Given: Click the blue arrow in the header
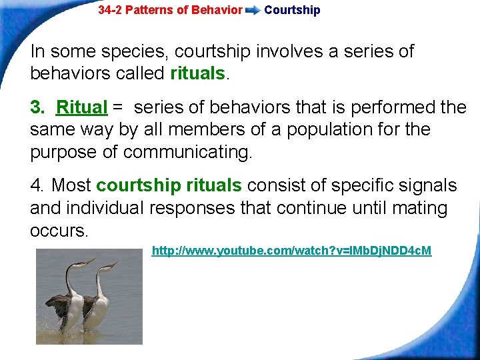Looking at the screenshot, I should [x=253, y=11].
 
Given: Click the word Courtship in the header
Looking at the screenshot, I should [x=292, y=10].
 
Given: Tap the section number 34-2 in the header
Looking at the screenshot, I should [x=111, y=10].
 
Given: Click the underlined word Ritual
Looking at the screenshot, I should [x=82, y=107].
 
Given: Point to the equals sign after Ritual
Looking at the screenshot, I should [x=118, y=107].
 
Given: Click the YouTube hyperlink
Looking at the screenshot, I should [x=291, y=251].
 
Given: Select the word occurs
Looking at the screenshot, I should [x=59, y=231].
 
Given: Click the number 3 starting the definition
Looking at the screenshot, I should [x=35, y=107].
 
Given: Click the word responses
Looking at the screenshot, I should [x=192, y=208].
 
